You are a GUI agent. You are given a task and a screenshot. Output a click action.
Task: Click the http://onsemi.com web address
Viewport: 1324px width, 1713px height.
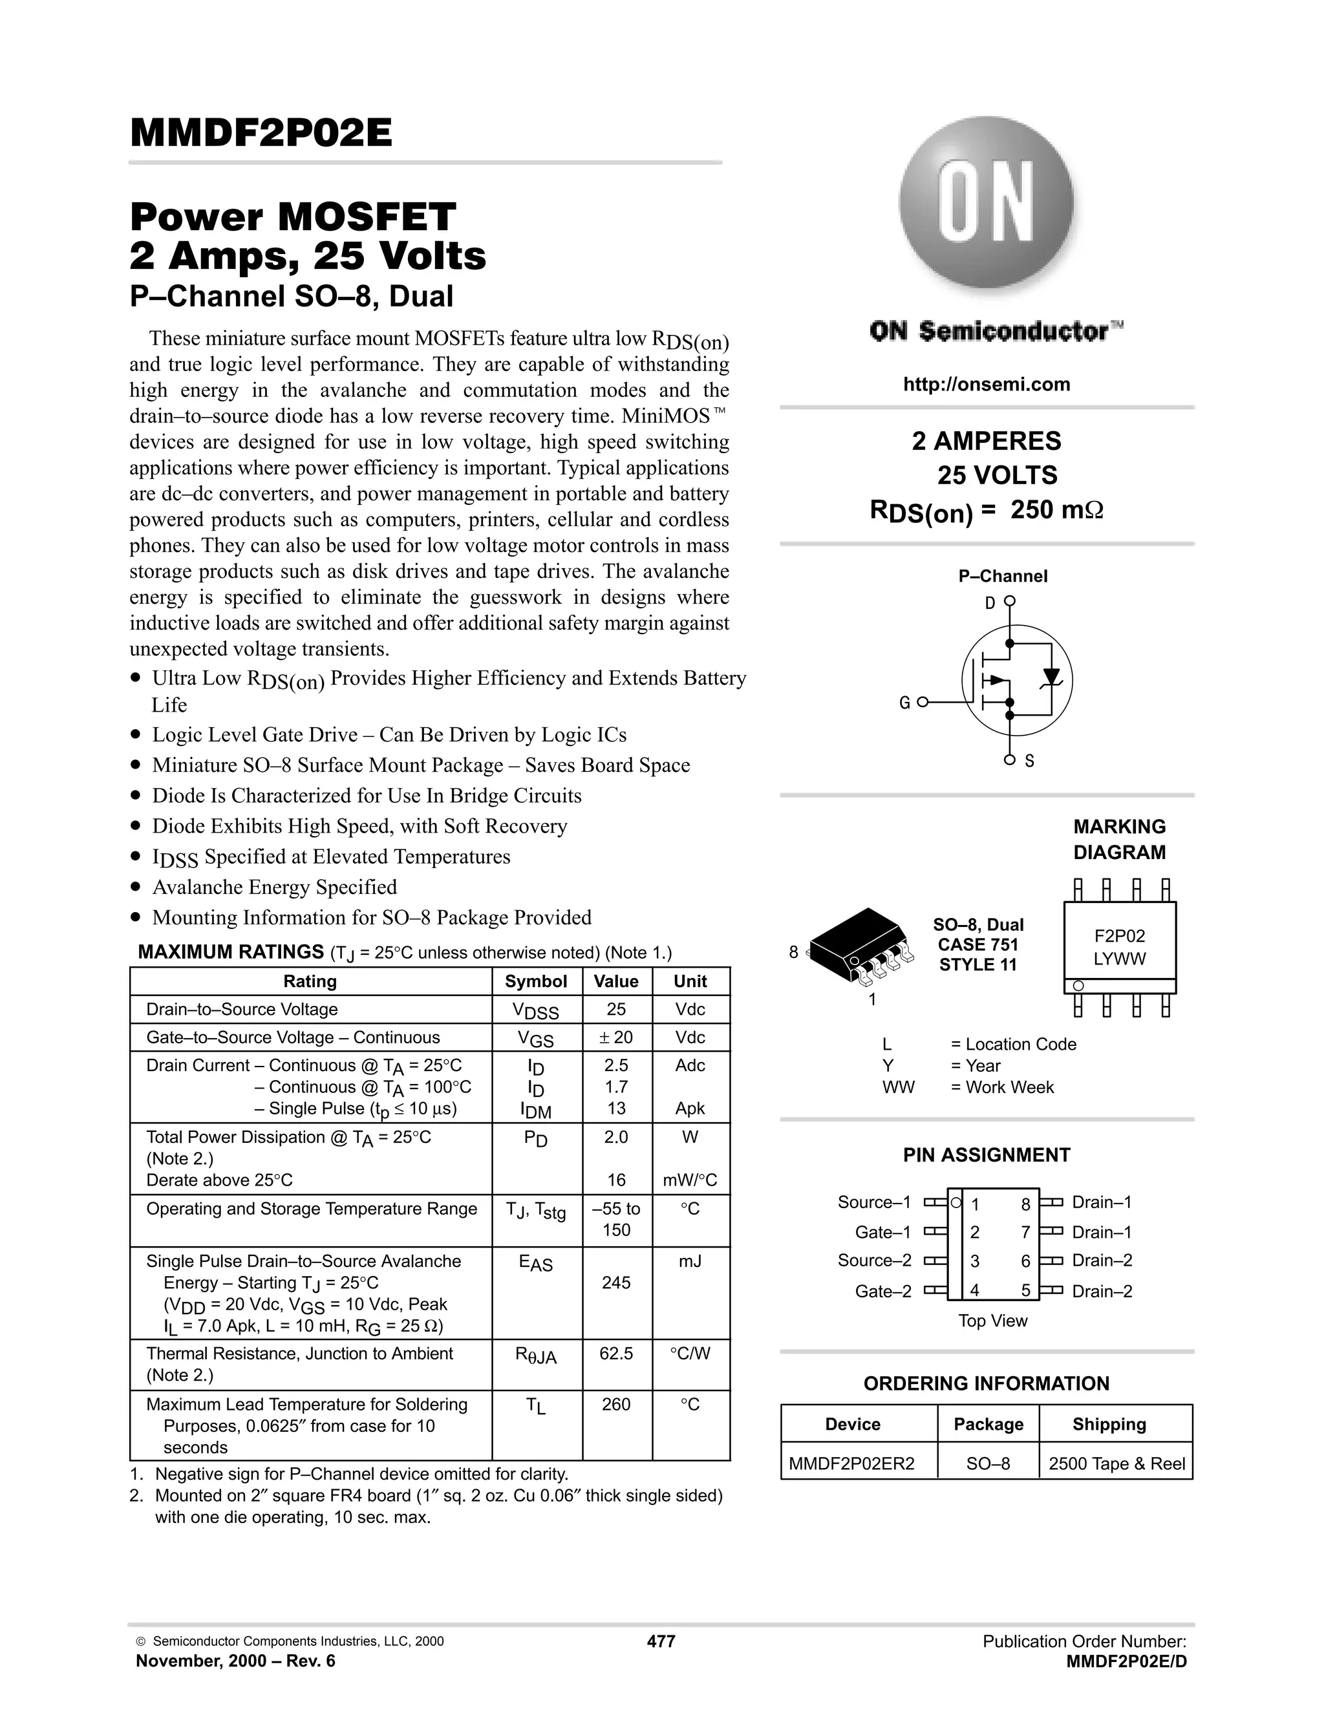[x=986, y=385]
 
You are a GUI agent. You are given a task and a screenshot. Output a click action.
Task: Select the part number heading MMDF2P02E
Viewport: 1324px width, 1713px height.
[x=261, y=133]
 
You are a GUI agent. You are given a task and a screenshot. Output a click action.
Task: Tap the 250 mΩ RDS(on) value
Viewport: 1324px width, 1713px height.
[x=1056, y=511]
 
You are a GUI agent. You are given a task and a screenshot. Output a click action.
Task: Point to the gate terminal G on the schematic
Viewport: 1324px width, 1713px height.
[x=905, y=703]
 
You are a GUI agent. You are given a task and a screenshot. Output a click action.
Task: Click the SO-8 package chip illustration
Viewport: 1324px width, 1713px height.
[x=860, y=945]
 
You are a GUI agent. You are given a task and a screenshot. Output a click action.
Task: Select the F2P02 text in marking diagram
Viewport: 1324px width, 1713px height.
[x=1119, y=936]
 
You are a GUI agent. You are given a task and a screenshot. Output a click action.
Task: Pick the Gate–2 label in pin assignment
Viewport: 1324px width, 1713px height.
[x=883, y=1291]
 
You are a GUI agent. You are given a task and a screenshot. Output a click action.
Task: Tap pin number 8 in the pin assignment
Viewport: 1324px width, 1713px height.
[x=1025, y=1205]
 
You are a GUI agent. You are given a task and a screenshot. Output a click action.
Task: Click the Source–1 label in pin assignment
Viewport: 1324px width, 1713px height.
[x=874, y=1202]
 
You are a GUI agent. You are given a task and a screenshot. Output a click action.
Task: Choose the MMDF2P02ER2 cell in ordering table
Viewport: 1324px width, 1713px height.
[x=852, y=1463]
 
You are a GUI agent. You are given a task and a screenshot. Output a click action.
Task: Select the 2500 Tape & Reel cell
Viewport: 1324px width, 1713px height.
[x=1116, y=1463]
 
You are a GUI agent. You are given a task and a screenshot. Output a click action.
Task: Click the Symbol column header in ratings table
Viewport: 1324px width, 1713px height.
[x=536, y=981]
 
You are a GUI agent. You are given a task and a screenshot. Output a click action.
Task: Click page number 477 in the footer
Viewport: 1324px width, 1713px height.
[x=661, y=1642]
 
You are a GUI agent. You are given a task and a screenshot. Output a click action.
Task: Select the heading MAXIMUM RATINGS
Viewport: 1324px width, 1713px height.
[x=231, y=952]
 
